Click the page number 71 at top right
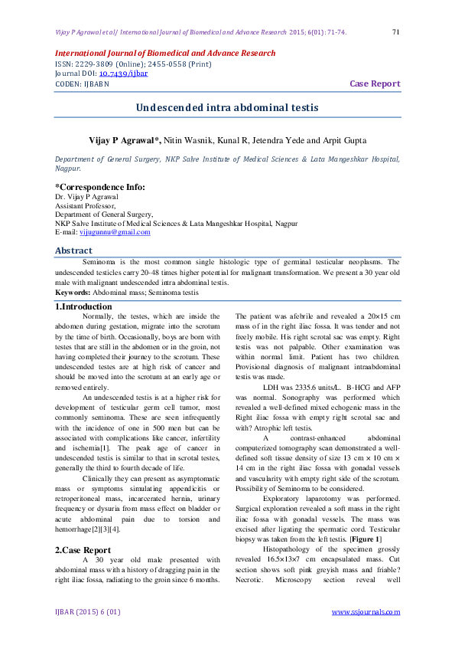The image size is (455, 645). [395, 32]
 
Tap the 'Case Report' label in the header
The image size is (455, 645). [375, 83]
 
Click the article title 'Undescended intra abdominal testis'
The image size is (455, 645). [227, 108]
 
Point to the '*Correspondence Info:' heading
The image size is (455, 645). [99, 187]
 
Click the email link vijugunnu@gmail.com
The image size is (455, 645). [115, 232]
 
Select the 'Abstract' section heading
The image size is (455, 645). [73, 250]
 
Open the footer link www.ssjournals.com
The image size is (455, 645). [366, 611]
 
